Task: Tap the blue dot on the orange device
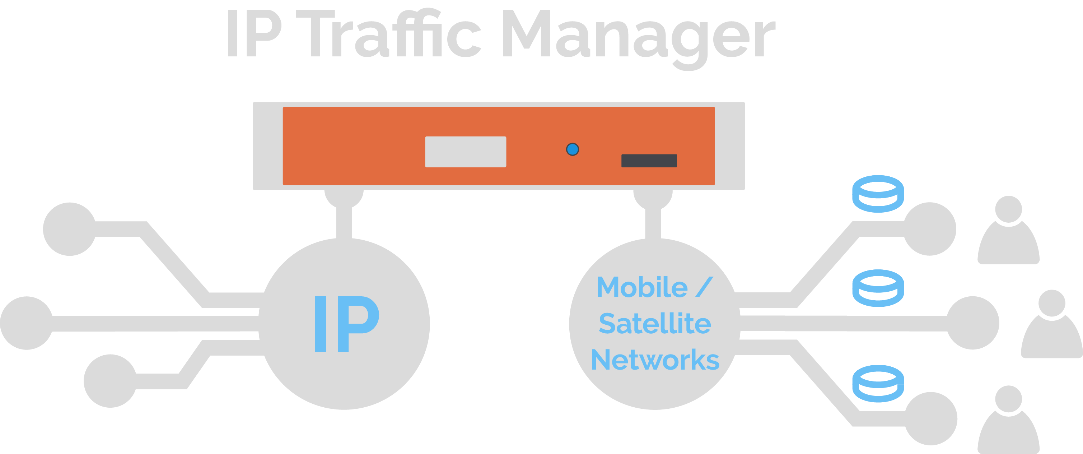(573, 149)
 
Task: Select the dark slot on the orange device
(649, 161)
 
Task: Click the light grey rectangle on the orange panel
(466, 152)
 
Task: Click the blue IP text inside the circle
(347, 324)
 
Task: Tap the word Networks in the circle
(655, 360)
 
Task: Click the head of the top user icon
(1009, 209)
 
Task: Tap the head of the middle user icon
(1052, 303)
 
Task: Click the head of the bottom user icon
(1009, 399)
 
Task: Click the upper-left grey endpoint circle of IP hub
(70, 229)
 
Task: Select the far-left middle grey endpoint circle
(27, 323)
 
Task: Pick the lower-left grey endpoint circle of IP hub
(110, 381)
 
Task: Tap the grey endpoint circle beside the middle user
(972, 323)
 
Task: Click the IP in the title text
(255, 33)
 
